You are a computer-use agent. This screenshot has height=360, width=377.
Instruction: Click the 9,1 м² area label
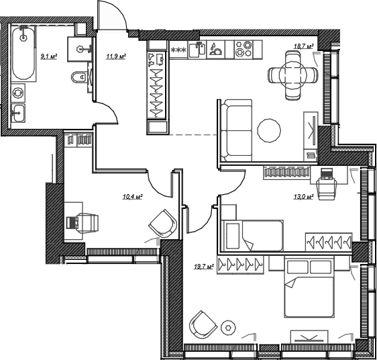pos(49,57)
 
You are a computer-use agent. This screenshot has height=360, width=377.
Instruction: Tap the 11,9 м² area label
pos(116,56)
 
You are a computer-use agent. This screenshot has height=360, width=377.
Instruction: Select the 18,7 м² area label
pos(304,46)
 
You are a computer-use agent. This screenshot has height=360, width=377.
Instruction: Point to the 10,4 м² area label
pos(133,197)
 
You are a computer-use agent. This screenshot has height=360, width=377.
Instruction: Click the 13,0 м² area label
pos(303,197)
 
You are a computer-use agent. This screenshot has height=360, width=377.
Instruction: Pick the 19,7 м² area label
pos(204,267)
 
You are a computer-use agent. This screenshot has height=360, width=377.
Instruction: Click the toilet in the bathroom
pos(79,77)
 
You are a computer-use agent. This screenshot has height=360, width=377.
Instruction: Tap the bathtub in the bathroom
pos(23,53)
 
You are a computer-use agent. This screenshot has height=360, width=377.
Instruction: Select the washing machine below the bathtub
pos(18,93)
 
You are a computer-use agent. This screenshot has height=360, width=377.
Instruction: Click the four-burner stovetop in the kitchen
pos(244,48)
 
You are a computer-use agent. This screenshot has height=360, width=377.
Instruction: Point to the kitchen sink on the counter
pos(197,50)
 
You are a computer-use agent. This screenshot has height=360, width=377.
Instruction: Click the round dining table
pos(293,75)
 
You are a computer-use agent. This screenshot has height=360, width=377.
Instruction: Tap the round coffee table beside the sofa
pos(269,131)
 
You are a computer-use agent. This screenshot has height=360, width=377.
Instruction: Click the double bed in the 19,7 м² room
pos(309,287)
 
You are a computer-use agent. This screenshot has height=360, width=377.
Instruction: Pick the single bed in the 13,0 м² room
pos(252,235)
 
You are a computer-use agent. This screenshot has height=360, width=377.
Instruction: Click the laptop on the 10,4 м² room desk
pos(72,222)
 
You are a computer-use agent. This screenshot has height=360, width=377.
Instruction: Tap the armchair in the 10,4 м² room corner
pos(163,224)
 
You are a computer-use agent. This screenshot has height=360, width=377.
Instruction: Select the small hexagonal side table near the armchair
pos(228,328)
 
